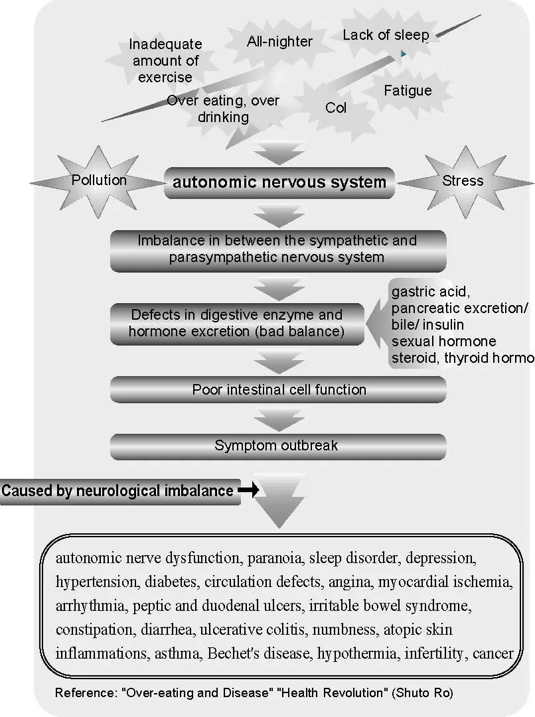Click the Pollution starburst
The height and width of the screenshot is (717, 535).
(x=99, y=180)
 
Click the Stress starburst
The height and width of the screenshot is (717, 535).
(x=463, y=180)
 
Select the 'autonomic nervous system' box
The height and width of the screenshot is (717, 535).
(x=279, y=182)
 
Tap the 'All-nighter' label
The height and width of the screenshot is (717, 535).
(x=279, y=42)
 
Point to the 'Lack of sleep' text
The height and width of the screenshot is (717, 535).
(x=386, y=34)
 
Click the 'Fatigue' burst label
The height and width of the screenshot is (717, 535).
(x=408, y=90)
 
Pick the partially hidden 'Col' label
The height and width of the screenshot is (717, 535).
(x=336, y=107)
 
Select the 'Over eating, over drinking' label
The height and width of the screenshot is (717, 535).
(x=223, y=109)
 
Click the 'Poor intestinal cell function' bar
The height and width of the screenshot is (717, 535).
(x=279, y=389)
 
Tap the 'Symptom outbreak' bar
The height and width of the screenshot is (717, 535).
(x=277, y=446)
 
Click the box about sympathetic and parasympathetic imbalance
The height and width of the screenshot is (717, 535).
(x=277, y=249)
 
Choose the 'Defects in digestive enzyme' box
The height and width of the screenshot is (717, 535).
(x=237, y=323)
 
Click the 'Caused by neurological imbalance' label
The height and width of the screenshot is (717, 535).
(x=117, y=491)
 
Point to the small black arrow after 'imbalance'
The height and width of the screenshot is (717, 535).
(x=248, y=490)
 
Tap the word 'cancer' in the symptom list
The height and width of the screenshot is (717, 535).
(x=493, y=653)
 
